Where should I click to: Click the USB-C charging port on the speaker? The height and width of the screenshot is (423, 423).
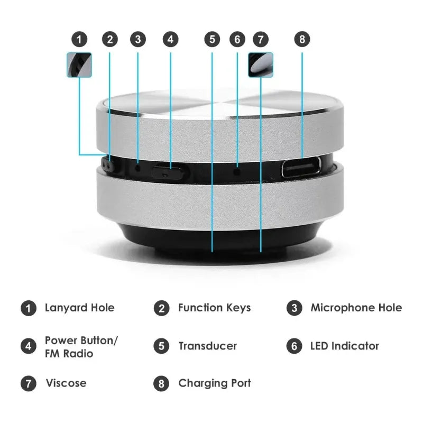point(301,167)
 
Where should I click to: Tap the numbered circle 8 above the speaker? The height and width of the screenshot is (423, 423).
point(302,39)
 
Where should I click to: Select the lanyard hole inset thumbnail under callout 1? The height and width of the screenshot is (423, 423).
point(79,65)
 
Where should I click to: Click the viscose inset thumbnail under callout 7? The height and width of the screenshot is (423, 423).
point(261,65)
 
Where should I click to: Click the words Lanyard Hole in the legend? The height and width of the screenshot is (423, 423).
point(80,308)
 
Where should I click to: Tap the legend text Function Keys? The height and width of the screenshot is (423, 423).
point(215,308)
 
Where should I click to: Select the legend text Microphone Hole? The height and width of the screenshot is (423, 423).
point(356,308)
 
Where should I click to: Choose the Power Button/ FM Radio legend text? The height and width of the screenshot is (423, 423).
point(81,347)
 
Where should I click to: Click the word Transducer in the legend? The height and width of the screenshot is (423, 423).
point(208,346)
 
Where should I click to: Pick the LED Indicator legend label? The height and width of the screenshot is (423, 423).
point(345,346)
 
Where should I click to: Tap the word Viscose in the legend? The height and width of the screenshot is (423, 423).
point(66,383)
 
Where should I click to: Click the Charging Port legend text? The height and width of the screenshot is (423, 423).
point(215,383)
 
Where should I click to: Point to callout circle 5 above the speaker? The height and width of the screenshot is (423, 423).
point(213,39)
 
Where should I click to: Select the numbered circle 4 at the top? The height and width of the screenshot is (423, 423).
point(170,39)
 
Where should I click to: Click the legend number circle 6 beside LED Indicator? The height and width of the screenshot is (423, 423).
point(295,346)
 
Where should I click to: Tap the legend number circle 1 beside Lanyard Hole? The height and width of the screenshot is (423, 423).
point(29,308)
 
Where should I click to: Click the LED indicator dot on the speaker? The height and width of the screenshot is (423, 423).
point(237,171)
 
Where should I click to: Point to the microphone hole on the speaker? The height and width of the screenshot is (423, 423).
point(138,169)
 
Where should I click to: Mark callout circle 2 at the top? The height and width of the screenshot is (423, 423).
point(110,39)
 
